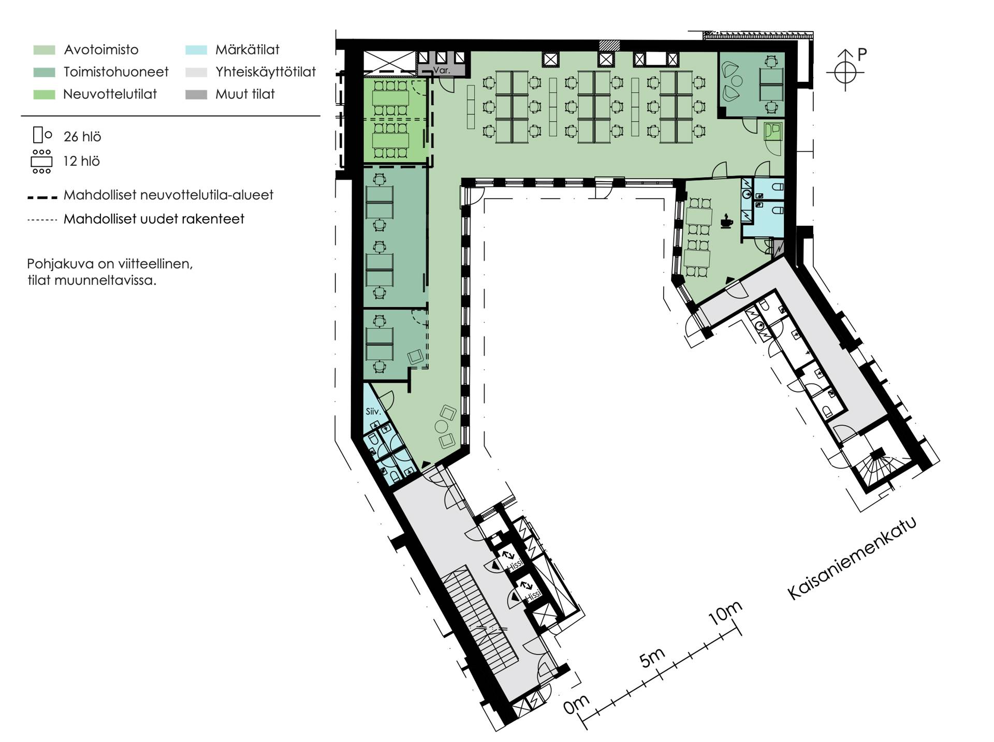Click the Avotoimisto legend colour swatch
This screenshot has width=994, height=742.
[44, 50]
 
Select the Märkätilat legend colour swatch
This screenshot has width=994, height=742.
[196, 50]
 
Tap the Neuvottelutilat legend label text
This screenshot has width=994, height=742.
[110, 94]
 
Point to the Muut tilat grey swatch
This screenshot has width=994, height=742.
[196, 95]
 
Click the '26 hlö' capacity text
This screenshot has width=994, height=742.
[82, 137]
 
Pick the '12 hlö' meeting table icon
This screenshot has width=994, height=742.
[41, 162]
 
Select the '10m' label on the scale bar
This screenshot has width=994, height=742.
[725, 613]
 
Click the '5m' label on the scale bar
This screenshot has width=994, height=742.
[652, 657]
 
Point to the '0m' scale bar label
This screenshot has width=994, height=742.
[576, 704]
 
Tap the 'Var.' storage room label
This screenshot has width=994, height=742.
[442, 70]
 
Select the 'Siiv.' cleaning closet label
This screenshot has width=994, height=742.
[373, 412]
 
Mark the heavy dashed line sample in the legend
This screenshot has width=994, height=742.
[42, 197]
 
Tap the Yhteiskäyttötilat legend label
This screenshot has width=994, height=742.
[266, 72]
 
